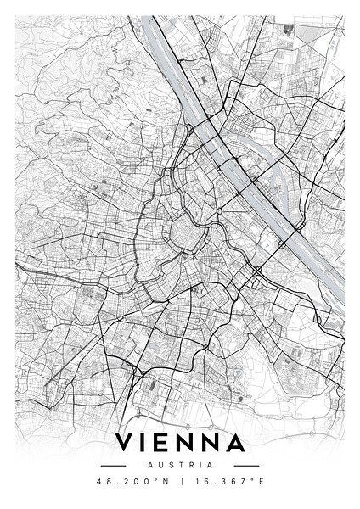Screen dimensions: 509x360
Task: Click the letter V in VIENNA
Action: tap(125, 444)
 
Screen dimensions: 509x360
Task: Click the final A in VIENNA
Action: tap(236, 444)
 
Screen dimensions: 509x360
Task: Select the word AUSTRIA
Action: tap(180, 465)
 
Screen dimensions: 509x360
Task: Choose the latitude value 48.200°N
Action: tap(132, 481)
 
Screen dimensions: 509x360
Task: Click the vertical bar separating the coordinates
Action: tap(179, 481)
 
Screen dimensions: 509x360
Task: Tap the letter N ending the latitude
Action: tap(166, 481)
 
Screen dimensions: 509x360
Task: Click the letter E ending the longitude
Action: tap(261, 481)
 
